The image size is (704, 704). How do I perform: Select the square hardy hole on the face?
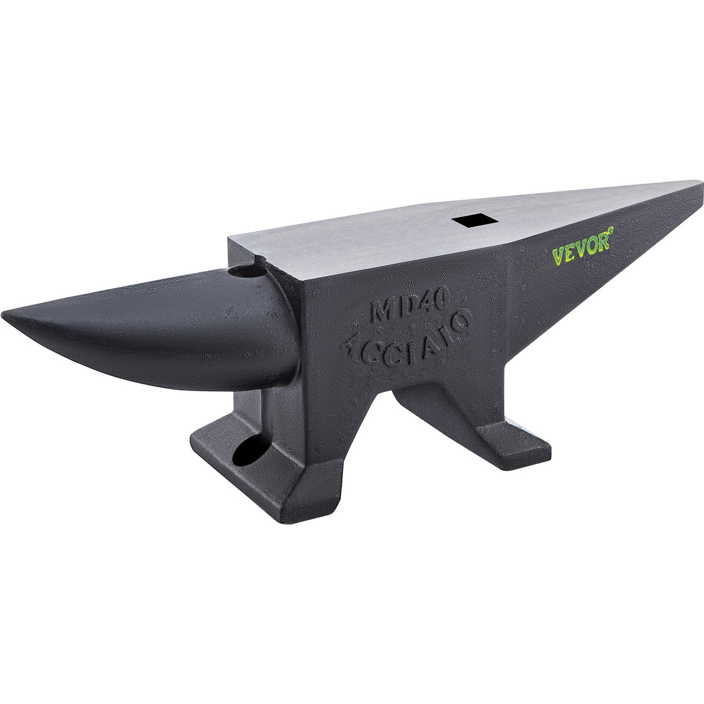click(468, 221)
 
